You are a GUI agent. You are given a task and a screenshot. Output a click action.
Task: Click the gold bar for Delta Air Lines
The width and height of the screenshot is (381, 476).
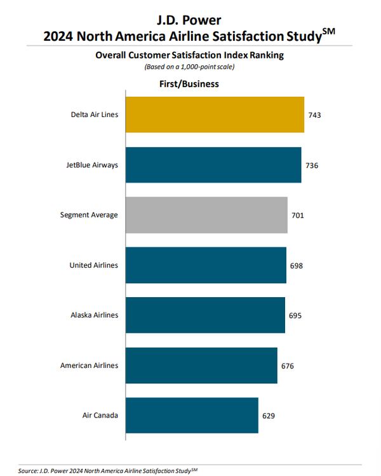coord(215,115)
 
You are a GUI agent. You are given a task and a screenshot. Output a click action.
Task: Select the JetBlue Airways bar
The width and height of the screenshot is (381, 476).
coord(213,165)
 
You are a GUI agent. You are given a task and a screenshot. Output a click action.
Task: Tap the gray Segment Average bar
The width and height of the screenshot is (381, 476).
coord(206,215)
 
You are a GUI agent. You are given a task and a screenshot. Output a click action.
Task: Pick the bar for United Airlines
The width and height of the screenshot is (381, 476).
coord(206,265)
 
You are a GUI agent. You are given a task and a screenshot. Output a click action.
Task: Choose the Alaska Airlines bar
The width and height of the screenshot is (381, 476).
coord(205,315)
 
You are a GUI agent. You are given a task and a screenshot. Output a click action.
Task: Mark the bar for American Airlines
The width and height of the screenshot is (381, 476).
coord(201,365)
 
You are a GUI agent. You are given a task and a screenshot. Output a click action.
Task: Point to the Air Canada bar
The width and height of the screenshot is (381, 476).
coord(192,416)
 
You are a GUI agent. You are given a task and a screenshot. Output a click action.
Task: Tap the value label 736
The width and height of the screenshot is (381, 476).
coord(311,165)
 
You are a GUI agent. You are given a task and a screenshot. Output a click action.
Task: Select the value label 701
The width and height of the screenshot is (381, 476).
coord(297,215)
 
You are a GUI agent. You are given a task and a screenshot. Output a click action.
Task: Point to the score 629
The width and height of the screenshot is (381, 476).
coord(269,416)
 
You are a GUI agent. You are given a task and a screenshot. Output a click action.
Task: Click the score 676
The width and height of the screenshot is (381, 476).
coord(287,366)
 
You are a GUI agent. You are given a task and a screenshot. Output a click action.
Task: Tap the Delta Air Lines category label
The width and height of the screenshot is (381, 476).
coord(94,115)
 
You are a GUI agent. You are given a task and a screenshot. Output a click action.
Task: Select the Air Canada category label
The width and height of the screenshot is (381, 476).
coord(100,416)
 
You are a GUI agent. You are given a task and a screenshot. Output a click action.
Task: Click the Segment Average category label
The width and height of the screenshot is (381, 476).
coord(89,215)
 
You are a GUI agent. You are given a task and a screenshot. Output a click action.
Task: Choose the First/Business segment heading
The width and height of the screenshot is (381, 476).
coord(189,83)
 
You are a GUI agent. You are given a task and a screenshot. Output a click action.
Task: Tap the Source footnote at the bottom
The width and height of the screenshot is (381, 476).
coord(108,470)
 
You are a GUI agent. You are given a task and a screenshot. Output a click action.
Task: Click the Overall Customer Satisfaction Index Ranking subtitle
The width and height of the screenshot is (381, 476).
coord(189,55)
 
